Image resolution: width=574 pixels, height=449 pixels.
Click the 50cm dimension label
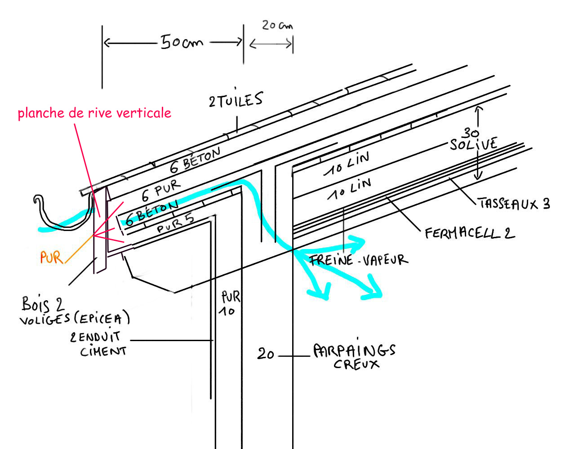(x=182, y=42)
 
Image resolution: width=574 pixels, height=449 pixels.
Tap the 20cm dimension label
(x=277, y=25)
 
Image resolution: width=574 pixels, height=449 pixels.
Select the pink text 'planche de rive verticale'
(x=94, y=112)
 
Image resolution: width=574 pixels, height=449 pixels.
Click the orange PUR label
(x=51, y=258)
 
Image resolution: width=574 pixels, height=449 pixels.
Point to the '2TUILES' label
(x=236, y=100)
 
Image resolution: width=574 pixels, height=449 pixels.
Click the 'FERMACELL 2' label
(x=469, y=233)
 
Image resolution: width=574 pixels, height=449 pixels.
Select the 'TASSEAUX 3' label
(x=514, y=204)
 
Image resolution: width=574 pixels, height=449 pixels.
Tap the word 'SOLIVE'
(x=473, y=144)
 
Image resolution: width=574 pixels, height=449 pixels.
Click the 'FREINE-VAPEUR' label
(x=358, y=260)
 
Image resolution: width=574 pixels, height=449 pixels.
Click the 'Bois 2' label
(x=43, y=304)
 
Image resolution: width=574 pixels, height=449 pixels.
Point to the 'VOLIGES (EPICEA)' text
(x=75, y=319)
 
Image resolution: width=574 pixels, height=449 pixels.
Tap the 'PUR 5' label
(x=175, y=223)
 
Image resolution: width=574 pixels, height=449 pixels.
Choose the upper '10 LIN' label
(x=347, y=164)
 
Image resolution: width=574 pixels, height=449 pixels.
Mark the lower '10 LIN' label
(x=349, y=189)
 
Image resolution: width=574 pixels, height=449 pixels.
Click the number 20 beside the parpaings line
(x=265, y=354)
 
